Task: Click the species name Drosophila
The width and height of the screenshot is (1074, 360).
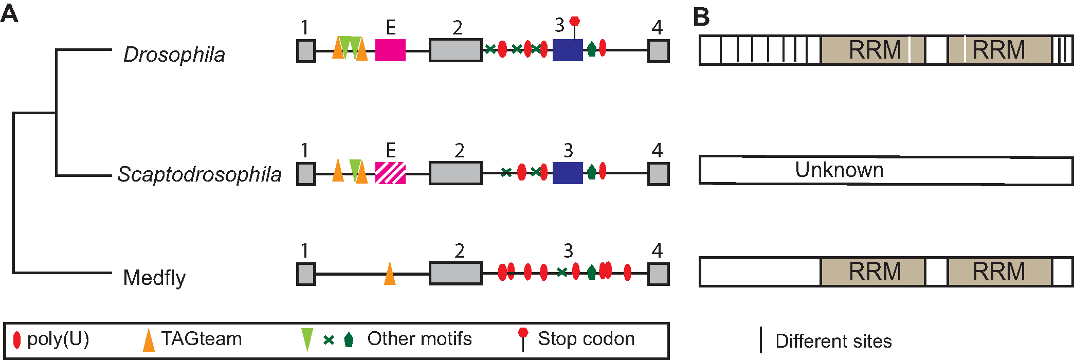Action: (x=174, y=55)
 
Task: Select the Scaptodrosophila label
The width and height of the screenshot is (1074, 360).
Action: (x=199, y=174)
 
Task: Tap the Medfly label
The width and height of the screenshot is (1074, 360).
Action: (x=154, y=278)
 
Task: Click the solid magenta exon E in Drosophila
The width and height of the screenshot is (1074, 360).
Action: (x=390, y=50)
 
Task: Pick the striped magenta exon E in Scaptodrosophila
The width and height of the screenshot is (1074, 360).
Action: (x=390, y=173)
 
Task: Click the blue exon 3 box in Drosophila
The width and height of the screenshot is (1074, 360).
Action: (x=568, y=50)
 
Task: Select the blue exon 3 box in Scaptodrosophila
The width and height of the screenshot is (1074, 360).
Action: (x=568, y=173)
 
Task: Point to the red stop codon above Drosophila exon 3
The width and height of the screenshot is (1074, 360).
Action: (x=575, y=22)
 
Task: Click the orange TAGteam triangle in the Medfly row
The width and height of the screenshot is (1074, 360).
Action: (x=390, y=274)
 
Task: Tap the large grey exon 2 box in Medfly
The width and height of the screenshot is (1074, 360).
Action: (x=456, y=273)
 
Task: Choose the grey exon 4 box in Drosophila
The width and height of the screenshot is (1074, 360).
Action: (x=658, y=51)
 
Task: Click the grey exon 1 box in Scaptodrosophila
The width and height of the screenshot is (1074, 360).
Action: (x=306, y=173)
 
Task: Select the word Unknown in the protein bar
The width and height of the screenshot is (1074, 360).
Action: (x=839, y=170)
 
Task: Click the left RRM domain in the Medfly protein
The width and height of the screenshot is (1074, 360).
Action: (x=874, y=272)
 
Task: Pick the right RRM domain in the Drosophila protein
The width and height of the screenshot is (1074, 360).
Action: (x=998, y=50)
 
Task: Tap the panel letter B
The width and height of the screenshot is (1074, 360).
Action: (x=701, y=17)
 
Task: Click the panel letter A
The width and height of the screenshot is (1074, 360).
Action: (x=9, y=14)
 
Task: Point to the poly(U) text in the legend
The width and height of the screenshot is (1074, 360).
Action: (x=58, y=339)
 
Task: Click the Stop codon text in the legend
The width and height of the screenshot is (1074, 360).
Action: (x=586, y=339)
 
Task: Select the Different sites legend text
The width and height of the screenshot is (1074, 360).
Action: (x=833, y=341)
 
